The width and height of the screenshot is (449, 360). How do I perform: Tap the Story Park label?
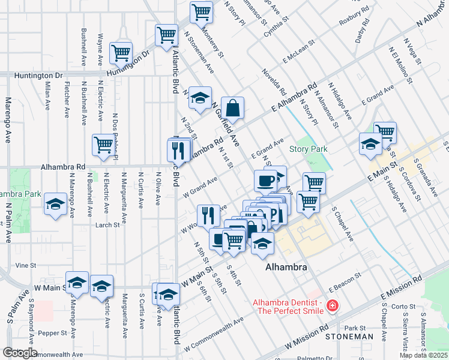[x=308, y=149]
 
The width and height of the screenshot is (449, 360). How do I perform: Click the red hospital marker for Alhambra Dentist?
[x=331, y=307]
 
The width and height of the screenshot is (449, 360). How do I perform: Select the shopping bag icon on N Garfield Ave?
[x=232, y=108]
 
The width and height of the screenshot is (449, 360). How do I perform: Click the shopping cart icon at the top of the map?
[x=201, y=11]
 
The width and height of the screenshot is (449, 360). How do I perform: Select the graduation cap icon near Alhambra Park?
[x=55, y=203]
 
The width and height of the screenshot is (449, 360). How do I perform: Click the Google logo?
[x=20, y=353]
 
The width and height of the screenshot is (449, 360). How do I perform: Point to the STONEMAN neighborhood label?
[x=349, y=337]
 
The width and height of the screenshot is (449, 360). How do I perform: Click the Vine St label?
[x=26, y=265]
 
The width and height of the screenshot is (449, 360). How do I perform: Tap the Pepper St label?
[x=55, y=332]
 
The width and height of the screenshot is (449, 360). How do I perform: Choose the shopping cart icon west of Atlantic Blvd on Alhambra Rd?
[x=103, y=144]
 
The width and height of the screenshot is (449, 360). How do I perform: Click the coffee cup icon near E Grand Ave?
[x=265, y=180]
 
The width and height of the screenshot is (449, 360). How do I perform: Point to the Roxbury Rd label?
[x=353, y=19]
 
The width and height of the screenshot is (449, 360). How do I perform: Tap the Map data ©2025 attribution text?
[x=423, y=355]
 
